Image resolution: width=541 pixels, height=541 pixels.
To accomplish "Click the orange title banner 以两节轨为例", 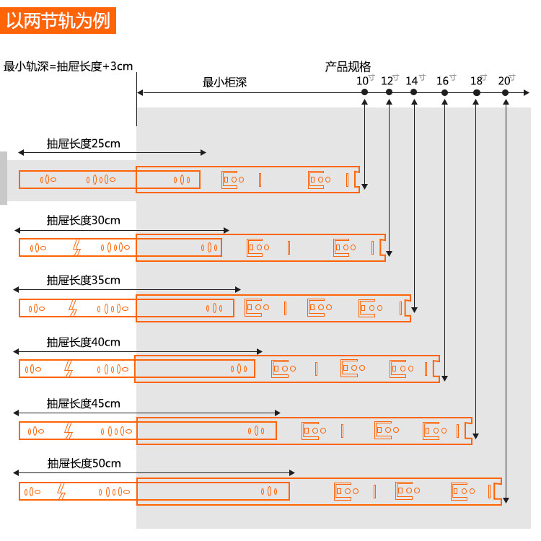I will click(x=58, y=20).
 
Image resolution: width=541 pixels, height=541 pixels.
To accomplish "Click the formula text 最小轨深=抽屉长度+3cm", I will click(x=69, y=66).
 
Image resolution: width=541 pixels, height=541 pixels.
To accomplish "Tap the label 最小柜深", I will click(x=224, y=82).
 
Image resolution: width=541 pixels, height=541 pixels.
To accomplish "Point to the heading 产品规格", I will click(x=348, y=67).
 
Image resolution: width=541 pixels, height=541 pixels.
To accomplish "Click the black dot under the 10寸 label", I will click(x=365, y=92).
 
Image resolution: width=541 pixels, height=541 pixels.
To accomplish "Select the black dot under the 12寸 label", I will click(x=389, y=92).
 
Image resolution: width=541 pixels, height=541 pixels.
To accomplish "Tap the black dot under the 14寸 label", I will click(x=413, y=92).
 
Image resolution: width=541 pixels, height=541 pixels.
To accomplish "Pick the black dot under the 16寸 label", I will click(x=444, y=92).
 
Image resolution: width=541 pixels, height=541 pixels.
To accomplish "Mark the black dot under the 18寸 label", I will click(x=476, y=92).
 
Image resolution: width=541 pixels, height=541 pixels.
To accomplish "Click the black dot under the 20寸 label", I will click(x=506, y=92).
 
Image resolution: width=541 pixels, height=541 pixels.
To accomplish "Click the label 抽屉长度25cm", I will click(x=83, y=144).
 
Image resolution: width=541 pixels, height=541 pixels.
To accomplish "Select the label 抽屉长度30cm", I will click(x=83, y=220).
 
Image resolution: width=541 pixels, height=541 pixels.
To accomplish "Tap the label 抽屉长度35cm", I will click(x=83, y=280).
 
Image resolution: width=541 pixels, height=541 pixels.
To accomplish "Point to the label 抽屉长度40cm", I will click(x=83, y=342).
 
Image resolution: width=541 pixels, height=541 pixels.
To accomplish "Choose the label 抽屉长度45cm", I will click(x=83, y=403).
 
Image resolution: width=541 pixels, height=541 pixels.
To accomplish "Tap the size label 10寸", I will click(x=366, y=80).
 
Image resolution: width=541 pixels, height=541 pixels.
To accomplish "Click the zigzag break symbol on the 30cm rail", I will click(x=76, y=248).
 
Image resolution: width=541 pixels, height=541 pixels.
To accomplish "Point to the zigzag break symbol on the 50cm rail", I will click(x=61, y=492).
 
